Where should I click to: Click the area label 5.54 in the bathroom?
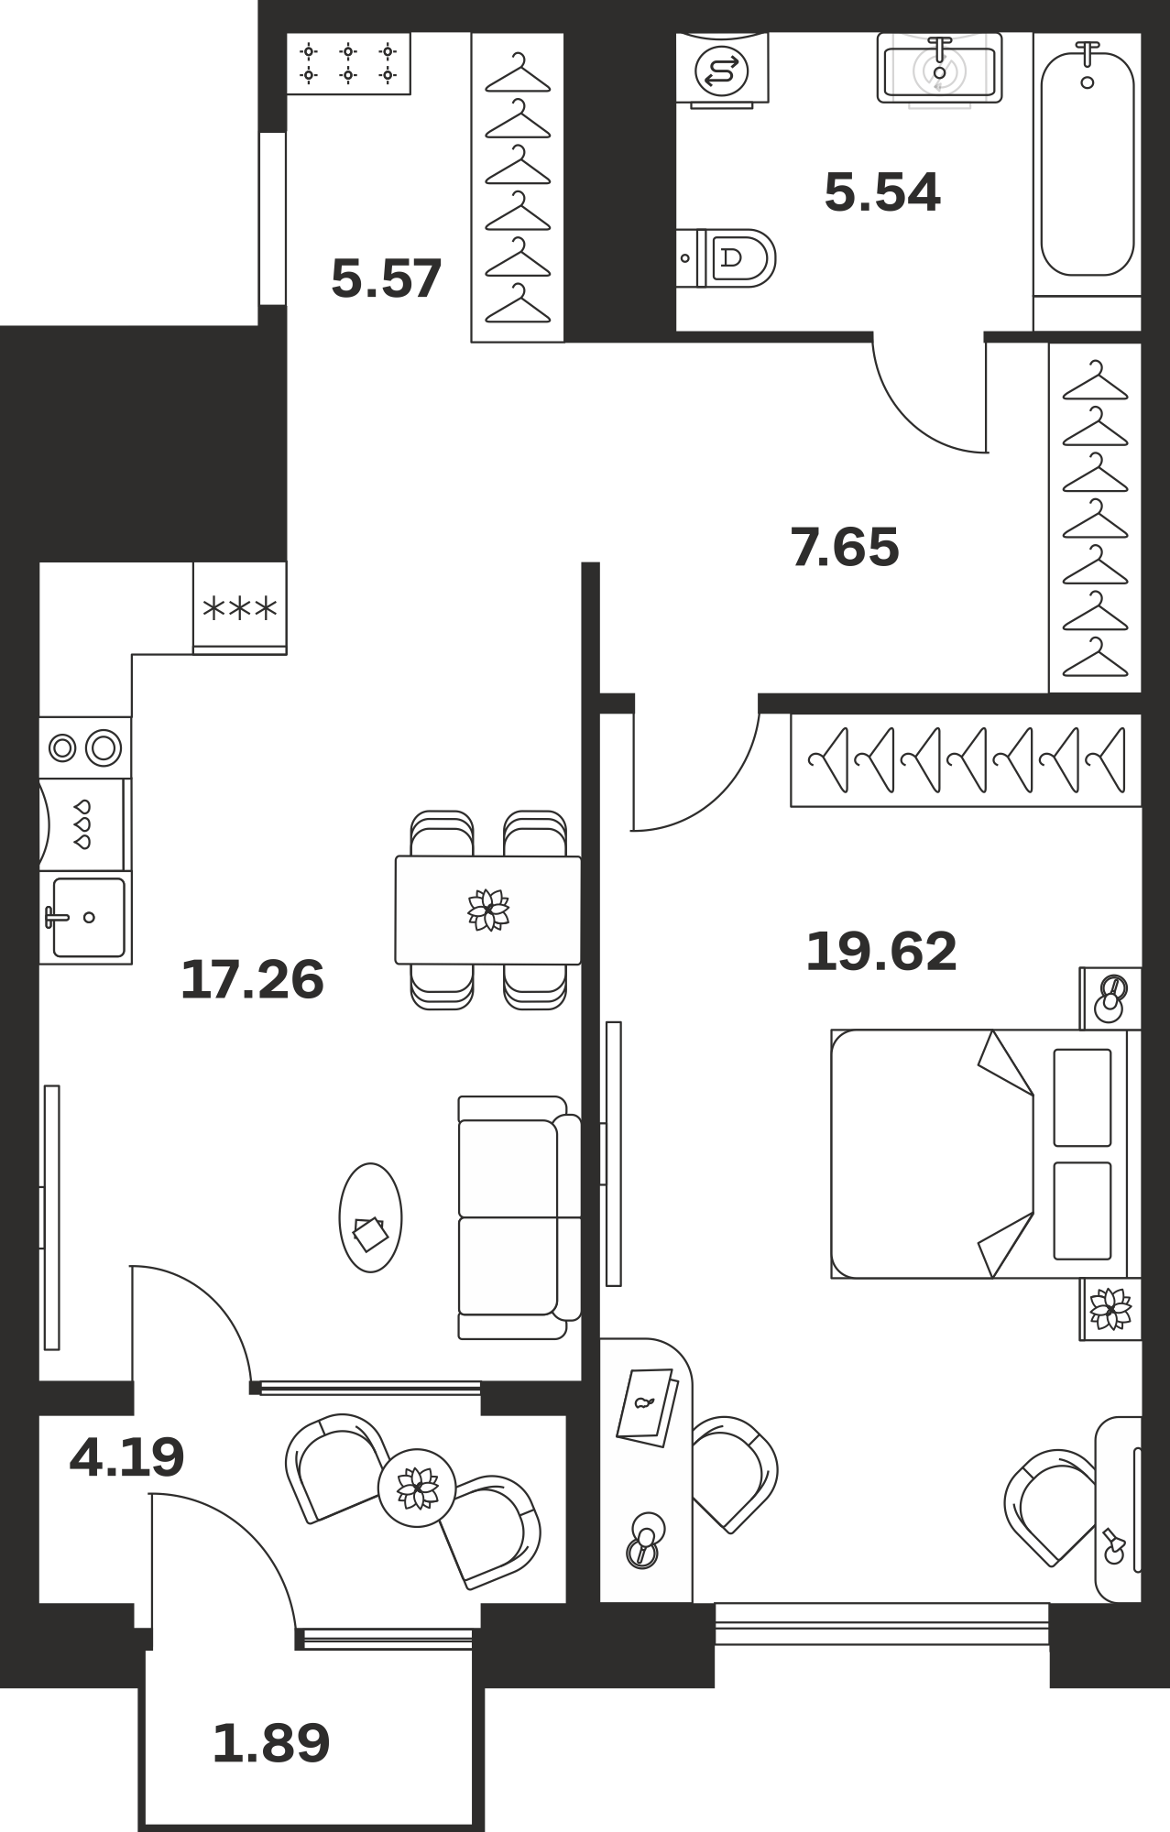tap(882, 193)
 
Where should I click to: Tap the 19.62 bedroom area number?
tap(881, 951)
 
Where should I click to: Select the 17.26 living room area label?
tap(252, 979)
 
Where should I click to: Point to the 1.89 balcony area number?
tap(271, 1743)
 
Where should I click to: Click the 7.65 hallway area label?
tap(845, 547)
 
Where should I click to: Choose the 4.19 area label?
tap(126, 1456)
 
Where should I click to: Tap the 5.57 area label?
tap(387, 278)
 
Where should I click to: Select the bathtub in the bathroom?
tap(1088, 163)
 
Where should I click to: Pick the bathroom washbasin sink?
tap(939, 68)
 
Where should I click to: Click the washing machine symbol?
tap(722, 69)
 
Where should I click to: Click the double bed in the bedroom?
tap(986, 1153)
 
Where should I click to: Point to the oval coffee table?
tap(370, 1217)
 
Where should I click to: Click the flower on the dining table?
tap(488, 910)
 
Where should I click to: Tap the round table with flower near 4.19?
tap(417, 1488)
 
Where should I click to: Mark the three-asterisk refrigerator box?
tap(240, 607)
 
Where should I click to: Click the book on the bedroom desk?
tap(647, 1407)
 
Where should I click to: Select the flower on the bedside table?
tap(1110, 1308)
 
